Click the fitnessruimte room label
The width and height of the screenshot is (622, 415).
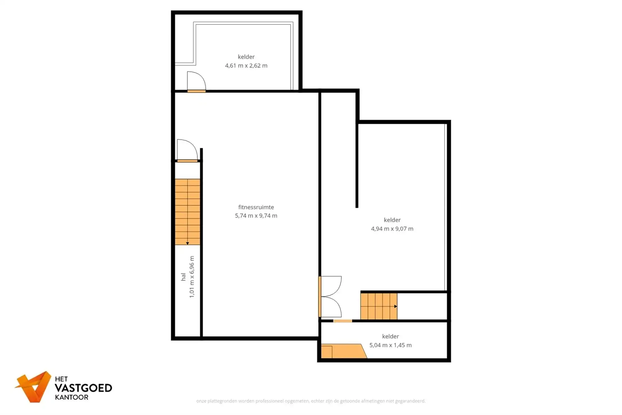coord(256,207)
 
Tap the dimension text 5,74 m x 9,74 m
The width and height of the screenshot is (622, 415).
coord(256,216)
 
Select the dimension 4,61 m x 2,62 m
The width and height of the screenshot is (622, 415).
coord(246,66)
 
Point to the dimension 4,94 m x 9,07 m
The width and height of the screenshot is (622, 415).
coord(392,229)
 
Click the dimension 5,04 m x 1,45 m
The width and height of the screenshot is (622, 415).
coord(390,345)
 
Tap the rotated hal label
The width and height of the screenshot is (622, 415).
coord(183,277)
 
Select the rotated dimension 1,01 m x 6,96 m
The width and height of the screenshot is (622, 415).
coord(192,277)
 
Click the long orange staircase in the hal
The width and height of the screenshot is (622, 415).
coord(187,212)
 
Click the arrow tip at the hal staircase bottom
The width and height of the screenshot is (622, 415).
coord(188,243)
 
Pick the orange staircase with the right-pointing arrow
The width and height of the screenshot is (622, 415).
coord(378,306)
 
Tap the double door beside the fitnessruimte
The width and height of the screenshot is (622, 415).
coord(331,297)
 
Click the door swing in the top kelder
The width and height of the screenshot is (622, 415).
coord(196,82)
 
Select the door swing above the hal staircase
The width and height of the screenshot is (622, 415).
coord(187,150)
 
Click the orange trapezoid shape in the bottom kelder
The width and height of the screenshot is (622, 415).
coord(344,351)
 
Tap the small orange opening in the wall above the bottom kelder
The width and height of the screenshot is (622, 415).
coord(342,321)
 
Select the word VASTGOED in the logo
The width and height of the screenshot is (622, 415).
coord(83,388)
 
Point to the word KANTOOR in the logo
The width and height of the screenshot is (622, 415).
coord(72,397)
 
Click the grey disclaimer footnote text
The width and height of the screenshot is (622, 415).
coord(311,401)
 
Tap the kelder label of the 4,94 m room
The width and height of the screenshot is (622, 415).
coord(392,220)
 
